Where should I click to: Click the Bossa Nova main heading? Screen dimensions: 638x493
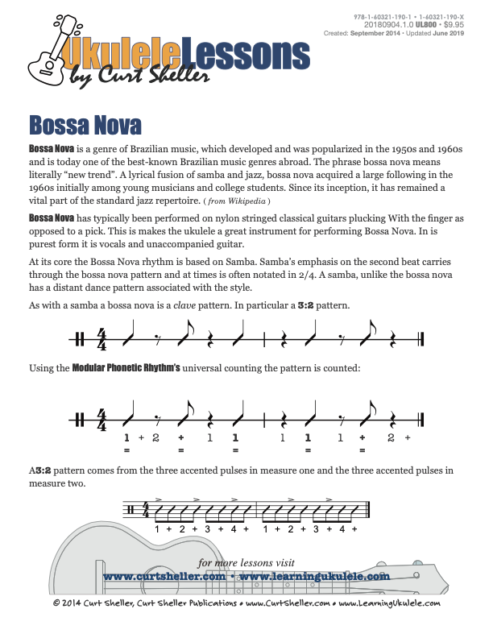pos(85,126)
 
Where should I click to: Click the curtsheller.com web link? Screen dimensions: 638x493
pos(164,577)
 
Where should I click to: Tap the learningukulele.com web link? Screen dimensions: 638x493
pos(315,577)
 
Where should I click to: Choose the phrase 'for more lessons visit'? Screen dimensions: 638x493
pos(246,562)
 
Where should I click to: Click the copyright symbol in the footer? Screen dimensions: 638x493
pos(56,603)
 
